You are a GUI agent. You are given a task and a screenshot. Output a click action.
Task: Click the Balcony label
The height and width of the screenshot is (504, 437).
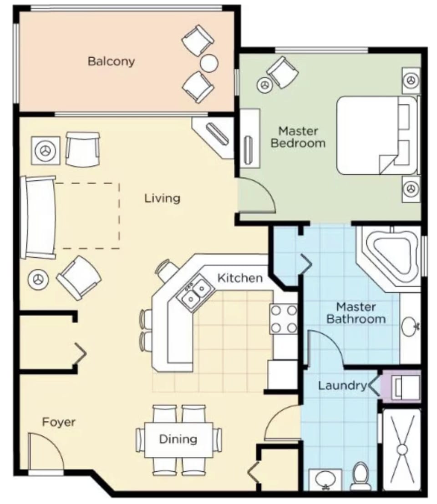(111, 61)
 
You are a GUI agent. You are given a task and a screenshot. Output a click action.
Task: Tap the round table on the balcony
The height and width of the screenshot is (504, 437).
(209, 63)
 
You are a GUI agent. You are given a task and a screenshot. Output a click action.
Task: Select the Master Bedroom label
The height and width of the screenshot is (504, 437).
(298, 137)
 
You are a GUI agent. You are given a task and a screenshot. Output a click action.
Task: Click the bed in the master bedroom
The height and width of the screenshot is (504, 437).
(376, 135)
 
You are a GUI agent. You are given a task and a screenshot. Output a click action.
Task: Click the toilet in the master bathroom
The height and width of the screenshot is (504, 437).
(361, 476)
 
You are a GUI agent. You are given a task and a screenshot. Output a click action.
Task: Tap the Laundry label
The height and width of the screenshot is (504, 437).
(342, 386)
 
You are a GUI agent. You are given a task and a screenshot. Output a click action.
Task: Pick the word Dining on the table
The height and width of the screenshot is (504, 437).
(178, 439)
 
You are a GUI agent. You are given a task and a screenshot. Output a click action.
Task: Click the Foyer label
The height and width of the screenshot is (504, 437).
(59, 422)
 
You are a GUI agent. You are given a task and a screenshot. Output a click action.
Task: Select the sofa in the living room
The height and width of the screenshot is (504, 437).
(40, 217)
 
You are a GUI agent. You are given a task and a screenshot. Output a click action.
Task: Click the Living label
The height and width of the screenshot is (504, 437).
(162, 198)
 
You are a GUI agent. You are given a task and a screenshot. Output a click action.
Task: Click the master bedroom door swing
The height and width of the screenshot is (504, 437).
(256, 196)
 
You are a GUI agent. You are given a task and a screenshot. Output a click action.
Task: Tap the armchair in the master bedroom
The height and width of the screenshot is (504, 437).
(282, 72)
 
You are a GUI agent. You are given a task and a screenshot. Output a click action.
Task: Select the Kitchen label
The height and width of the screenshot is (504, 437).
(239, 278)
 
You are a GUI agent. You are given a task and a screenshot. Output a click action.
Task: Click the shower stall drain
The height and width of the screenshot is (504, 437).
(401, 449)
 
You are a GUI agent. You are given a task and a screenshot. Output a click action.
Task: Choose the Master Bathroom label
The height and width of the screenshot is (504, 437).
(356, 312)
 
